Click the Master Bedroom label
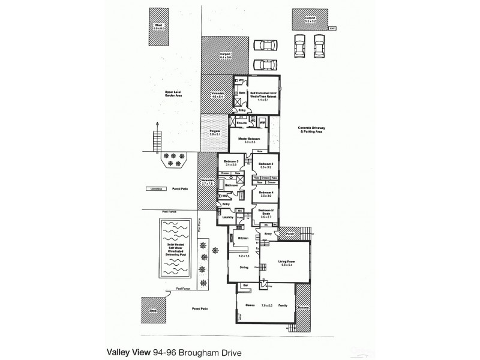[247, 139]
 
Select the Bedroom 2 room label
[266, 164]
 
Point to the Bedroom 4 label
[266, 193]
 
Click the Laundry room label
[227, 217]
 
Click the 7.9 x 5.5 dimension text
[267, 305]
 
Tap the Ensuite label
[242, 122]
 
